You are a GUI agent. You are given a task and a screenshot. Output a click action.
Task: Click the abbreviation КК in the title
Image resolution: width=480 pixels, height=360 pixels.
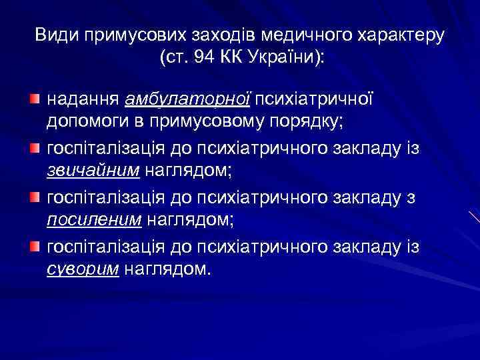[x=234, y=57]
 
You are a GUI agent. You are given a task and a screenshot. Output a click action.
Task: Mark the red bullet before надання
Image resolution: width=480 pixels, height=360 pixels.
[x=34, y=99]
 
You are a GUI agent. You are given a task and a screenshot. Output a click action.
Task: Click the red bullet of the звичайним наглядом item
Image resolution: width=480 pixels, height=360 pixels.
[x=34, y=147]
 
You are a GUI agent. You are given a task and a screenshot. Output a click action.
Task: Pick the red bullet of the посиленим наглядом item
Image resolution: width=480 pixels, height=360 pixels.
[x=34, y=196]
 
